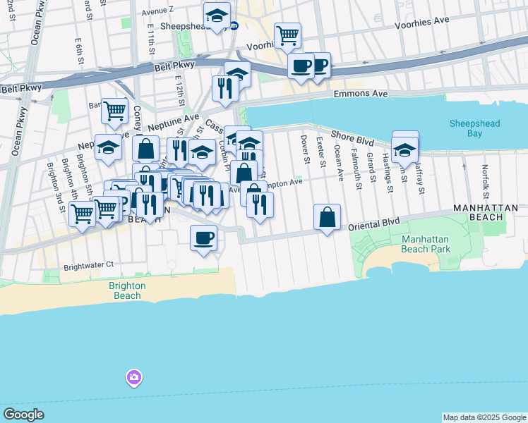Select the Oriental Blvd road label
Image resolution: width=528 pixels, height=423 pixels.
coord(375,223)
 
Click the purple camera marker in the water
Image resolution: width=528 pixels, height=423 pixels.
coord(134,379)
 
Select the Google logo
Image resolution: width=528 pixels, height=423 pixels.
coord(23,415)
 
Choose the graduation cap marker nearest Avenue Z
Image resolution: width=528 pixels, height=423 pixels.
coord(217,15)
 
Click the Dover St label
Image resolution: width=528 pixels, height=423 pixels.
coord(306,149)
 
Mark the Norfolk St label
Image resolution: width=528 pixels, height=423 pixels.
coord(485,179)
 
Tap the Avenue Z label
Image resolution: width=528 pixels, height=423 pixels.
coord(157,11)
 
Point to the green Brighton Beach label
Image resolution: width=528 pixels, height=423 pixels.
coord(127,290)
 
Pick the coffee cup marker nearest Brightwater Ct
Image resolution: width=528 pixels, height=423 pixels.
coord(203,238)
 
